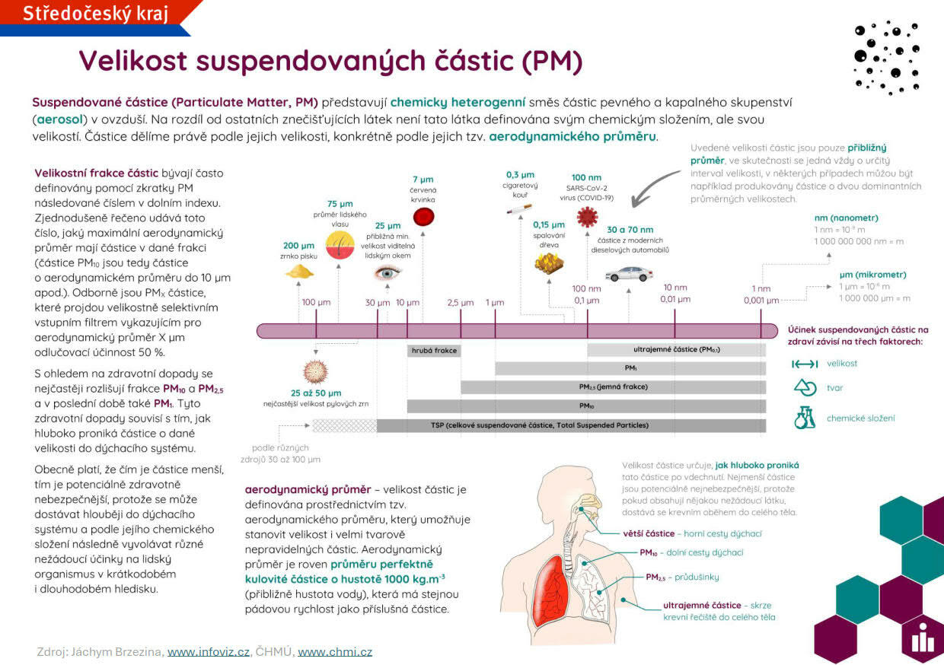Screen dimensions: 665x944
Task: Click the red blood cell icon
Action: click(423, 218)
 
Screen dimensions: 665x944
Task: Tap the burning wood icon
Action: click(548, 263)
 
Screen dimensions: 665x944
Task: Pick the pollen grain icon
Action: click(315, 372)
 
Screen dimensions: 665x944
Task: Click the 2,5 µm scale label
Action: click(461, 302)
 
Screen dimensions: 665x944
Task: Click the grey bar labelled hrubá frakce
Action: click(434, 351)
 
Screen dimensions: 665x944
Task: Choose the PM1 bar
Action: click(630, 368)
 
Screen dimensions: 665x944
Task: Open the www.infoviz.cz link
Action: click(208, 652)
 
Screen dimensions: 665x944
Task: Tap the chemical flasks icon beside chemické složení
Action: click(805, 417)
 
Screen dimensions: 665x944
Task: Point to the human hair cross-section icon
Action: click(340, 243)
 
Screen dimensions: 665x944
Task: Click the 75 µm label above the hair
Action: click(340, 204)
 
